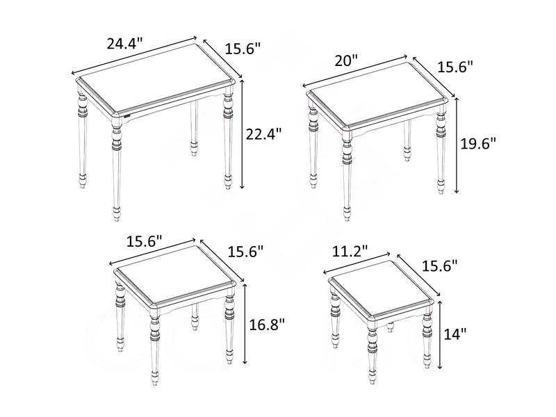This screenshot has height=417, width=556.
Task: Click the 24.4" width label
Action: point(124,43)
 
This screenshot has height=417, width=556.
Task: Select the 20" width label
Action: point(345,60)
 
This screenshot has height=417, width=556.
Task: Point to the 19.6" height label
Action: point(480,144)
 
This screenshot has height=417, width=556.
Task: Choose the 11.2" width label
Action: point(350,252)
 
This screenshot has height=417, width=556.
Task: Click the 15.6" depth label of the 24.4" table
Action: point(243,49)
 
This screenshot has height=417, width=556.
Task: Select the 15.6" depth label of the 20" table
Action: point(455,67)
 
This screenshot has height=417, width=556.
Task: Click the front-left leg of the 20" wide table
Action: point(347,174)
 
